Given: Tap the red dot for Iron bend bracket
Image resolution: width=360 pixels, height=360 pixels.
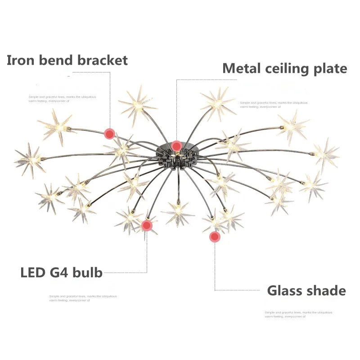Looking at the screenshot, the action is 109,133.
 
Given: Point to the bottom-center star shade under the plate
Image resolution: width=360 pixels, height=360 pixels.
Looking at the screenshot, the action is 178,211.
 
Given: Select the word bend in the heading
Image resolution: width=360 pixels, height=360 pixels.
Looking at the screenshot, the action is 56,60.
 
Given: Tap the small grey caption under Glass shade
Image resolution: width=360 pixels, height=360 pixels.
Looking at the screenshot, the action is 298,315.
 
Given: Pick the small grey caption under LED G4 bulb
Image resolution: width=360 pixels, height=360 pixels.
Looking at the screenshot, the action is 83,298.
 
